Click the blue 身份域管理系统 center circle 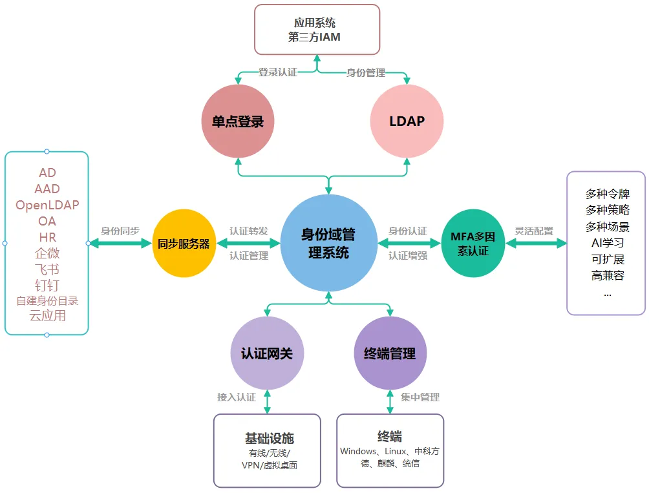(x=329, y=243)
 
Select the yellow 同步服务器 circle (x=184, y=244)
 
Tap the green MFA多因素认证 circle (x=473, y=244)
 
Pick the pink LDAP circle (x=407, y=121)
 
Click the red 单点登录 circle (x=238, y=121)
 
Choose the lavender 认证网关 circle (x=267, y=353)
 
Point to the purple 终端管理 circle (x=390, y=353)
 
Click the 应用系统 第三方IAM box (x=316, y=30)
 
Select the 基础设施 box (x=267, y=450)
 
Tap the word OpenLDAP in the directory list (x=47, y=205)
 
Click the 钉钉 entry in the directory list (x=47, y=285)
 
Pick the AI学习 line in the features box (x=607, y=243)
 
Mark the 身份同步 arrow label (x=120, y=231)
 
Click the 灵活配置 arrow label (x=534, y=231)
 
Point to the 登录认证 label (x=278, y=72)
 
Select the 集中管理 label (x=420, y=397)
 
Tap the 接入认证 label (x=237, y=397)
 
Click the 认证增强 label (x=408, y=255)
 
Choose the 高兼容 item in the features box (x=607, y=275)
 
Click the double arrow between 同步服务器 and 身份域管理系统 (x=249, y=244)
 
